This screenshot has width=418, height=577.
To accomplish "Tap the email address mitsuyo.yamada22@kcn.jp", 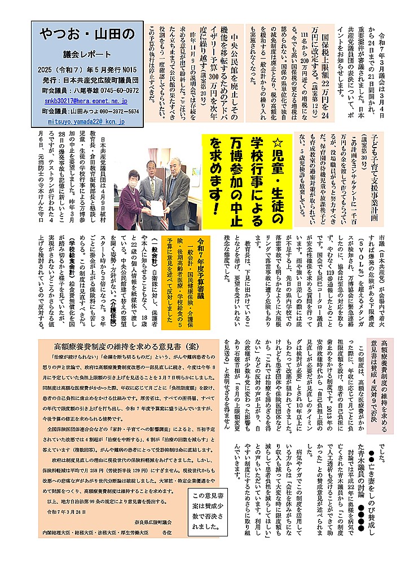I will (x=86, y=122).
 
